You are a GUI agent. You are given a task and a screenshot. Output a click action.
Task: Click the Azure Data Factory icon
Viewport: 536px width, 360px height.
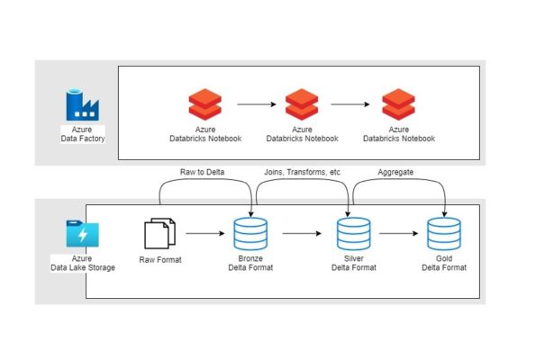pos(82,105)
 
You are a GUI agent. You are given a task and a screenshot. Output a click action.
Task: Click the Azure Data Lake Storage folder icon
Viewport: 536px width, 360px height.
pos(82,235)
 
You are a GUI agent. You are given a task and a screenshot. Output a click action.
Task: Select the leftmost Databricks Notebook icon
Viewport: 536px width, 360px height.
pos(204,105)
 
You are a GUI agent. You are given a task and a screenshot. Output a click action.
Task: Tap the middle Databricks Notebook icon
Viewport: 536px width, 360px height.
pos(302,105)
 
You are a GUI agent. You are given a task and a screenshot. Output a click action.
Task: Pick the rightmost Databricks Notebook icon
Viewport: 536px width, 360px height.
pos(399,105)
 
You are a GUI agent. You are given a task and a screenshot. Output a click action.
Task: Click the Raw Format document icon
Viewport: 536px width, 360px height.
pos(159,233)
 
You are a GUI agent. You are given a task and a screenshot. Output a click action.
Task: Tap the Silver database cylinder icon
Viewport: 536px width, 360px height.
pos(349,234)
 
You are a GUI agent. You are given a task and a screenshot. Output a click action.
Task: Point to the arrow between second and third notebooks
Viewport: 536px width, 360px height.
pos(350,105)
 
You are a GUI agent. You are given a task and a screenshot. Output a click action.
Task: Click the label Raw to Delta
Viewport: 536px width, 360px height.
pos(204,170)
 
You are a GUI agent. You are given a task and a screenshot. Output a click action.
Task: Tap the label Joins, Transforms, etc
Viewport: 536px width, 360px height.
pos(303,170)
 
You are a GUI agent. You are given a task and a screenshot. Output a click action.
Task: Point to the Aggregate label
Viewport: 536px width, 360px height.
pos(395,170)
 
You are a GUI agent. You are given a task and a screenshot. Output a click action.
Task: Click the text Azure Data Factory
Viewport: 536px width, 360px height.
pos(82,135)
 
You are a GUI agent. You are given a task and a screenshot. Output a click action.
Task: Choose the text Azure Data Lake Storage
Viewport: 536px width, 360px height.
pos(82,264)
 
